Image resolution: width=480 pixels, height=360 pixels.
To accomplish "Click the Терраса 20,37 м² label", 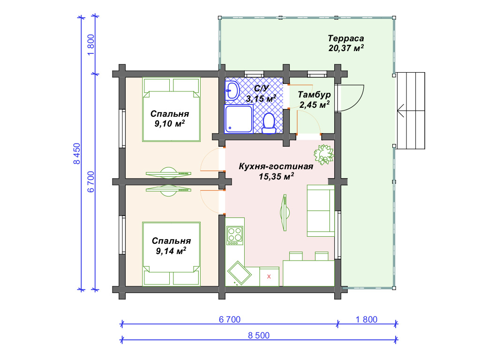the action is tap(346, 43).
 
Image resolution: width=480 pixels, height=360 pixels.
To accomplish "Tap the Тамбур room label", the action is tap(314, 94).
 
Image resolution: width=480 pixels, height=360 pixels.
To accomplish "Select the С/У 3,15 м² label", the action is tap(261, 94).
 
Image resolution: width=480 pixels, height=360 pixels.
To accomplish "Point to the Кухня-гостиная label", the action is tap(276, 166).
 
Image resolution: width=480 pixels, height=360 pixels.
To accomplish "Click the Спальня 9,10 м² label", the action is tap(170, 119).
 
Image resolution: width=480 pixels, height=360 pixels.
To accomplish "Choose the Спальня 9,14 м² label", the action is tap(171, 246).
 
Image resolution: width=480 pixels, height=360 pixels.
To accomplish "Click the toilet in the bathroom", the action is tap(269, 123).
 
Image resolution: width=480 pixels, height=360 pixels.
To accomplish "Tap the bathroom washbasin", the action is tap(232, 90).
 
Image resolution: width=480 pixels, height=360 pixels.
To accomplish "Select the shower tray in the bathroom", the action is tap(239, 119).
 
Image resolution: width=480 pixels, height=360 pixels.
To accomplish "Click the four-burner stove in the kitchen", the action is tap(235, 235).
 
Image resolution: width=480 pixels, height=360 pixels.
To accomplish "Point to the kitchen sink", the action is tap(240, 273).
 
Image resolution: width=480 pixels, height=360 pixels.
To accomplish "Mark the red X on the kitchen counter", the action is tap(269, 277).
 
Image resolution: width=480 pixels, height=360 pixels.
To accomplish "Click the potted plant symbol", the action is tap(323, 155).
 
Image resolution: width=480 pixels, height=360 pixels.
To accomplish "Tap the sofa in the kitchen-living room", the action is tap(321, 210).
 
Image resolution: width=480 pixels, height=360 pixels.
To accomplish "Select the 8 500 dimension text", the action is tap(259, 336).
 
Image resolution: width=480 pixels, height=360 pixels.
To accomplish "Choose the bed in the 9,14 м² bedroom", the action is tap(172, 254).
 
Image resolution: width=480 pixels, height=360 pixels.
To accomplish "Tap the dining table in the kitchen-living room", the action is tap(308, 273).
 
